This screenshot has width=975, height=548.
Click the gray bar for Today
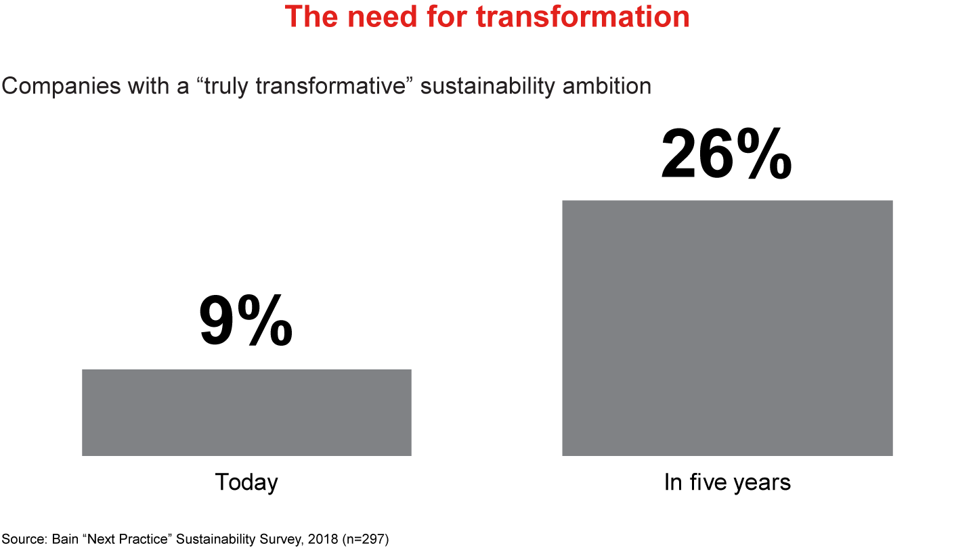[246, 412]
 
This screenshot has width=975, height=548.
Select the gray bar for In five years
[727, 328]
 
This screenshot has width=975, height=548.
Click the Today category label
[246, 482]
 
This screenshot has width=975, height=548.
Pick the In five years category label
[727, 482]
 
